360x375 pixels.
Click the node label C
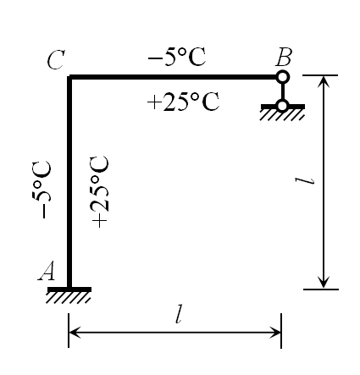coord(56,60)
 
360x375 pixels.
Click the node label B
coord(284,57)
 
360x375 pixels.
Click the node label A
coord(47,271)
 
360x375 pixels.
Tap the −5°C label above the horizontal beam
coord(177,57)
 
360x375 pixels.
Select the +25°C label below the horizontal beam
coord(183,102)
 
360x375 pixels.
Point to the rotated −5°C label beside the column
coord(42,190)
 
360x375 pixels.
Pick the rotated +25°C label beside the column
coord(99,191)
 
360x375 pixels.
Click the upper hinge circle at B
coord(282,77)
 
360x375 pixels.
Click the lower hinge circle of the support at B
coord(282,106)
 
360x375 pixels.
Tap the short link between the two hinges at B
coord(282,91)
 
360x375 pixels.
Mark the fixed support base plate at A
coord(69,290)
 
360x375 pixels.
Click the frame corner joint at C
coord(69,77)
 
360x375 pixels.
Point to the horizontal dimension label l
coord(179,313)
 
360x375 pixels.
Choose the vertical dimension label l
coord(305,180)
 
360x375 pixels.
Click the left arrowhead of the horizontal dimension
coord(74,332)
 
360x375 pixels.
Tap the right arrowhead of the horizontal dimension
coord(276,332)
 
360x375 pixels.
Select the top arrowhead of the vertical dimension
coord(324,81)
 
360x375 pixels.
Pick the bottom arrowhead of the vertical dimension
coord(324,283)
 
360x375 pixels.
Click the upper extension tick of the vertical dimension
coord(320,75)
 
